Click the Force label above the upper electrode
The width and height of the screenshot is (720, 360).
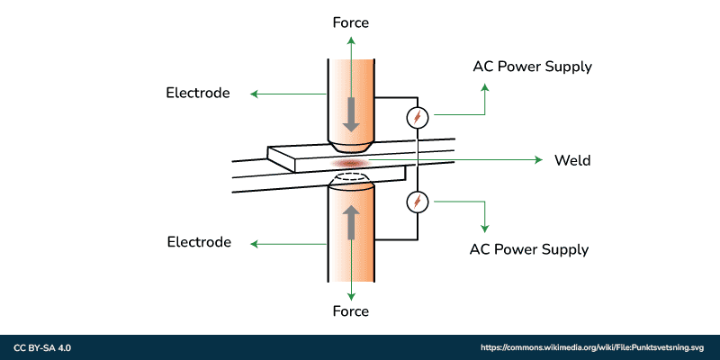pos(351,22)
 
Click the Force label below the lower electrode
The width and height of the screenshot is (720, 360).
pos(351,311)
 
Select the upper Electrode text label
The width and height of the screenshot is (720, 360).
pos(198,93)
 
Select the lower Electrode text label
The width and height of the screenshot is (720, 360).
pos(199,242)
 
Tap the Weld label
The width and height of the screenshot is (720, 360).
pos(572,160)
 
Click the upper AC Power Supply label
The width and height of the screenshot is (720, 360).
pos(533,67)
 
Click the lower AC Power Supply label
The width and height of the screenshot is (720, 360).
pos(529,249)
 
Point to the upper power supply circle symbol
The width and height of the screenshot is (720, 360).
pos(417,117)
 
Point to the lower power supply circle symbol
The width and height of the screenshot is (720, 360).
pos(417,202)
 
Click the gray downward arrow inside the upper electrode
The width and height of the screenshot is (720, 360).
pos(351,113)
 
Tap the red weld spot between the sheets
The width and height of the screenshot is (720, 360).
pos(349,162)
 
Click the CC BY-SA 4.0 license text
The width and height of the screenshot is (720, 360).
pos(42,347)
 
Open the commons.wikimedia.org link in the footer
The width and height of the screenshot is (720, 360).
pos(592,347)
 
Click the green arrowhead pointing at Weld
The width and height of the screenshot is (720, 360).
pos(540,160)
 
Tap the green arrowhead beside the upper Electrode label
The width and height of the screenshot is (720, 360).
pos(254,94)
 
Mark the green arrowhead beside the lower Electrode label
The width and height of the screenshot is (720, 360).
pos(254,243)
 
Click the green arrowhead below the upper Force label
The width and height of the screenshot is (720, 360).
pos(351,39)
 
